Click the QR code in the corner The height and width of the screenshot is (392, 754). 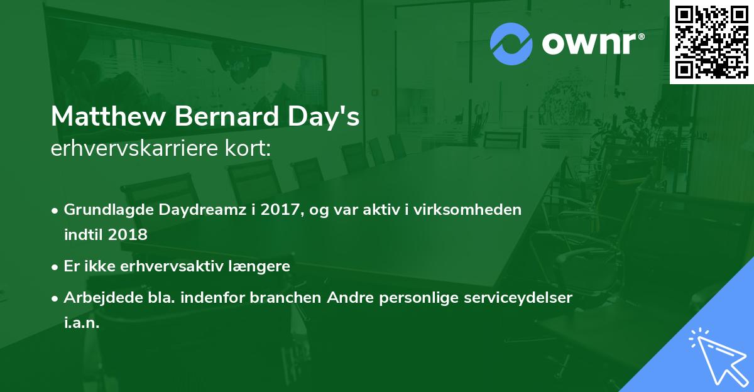(x=711, y=41)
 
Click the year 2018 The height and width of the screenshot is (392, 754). (x=128, y=235)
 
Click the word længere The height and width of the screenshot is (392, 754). (x=259, y=266)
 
